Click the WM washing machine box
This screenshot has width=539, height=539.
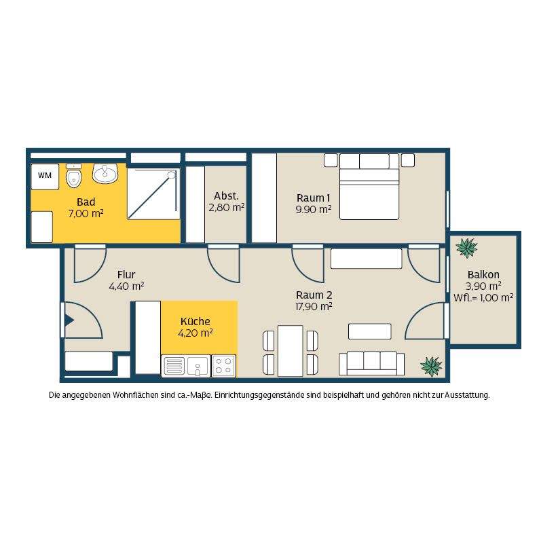click(45, 176)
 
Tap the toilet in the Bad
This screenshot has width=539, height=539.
click(73, 176)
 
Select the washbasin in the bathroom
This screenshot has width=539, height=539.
click(105, 173)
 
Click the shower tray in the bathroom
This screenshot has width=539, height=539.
click(153, 194)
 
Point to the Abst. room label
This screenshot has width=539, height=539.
click(226, 196)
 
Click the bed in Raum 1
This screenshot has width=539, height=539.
click(369, 187)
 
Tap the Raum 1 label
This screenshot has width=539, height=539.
click(313, 198)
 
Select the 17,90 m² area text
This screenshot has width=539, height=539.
click(314, 306)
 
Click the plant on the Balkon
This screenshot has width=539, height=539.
click(466, 248)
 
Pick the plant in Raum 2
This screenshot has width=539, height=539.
click(431, 366)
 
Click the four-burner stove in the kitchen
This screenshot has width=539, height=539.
click(223, 366)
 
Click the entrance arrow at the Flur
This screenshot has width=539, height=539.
click(69, 320)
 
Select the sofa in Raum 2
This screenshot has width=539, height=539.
click(371, 363)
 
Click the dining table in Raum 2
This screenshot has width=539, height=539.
click(291, 351)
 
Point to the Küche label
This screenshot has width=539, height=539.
click(196, 321)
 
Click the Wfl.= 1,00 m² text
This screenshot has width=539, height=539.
click(483, 298)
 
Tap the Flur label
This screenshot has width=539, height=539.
click(126, 275)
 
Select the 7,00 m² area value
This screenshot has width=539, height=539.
click(86, 214)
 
